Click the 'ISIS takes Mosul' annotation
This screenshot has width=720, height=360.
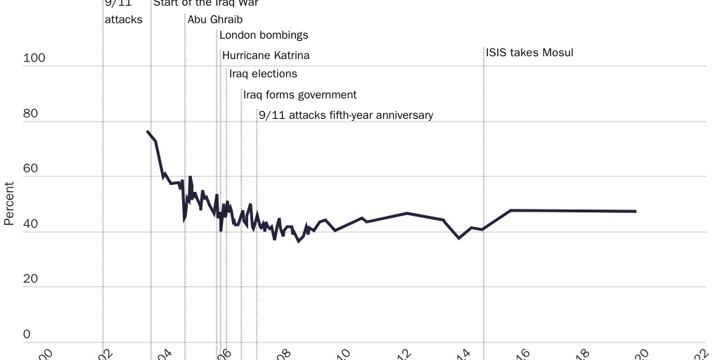coord(529,53)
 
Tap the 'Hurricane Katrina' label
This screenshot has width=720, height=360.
coord(266,56)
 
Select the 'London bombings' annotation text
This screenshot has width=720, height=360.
coord(264,35)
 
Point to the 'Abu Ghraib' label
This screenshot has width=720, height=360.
coord(215,20)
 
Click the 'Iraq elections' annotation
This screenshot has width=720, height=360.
coord(263,74)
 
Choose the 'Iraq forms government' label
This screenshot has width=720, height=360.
coord(300,95)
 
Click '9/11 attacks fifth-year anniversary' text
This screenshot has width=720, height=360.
coord(346,115)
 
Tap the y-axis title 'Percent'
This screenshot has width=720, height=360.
coord(9,204)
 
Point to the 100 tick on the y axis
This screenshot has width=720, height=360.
coord(34,58)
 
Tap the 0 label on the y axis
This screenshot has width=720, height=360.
coord(27,335)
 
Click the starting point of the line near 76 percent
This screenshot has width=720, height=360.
coord(148,131)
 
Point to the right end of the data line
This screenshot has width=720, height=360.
coord(636,211)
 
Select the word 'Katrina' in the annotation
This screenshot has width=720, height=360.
coord(290,56)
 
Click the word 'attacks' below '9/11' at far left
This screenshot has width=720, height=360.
coord(124,20)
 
